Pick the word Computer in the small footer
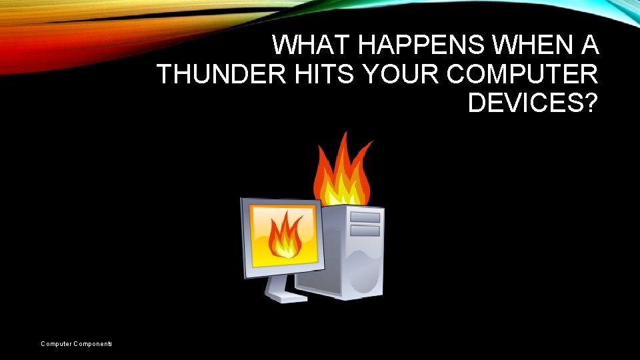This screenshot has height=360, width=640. point(57,344)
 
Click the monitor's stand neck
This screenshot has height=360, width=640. point(277,284)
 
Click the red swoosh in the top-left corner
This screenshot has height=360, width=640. point(33,47)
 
